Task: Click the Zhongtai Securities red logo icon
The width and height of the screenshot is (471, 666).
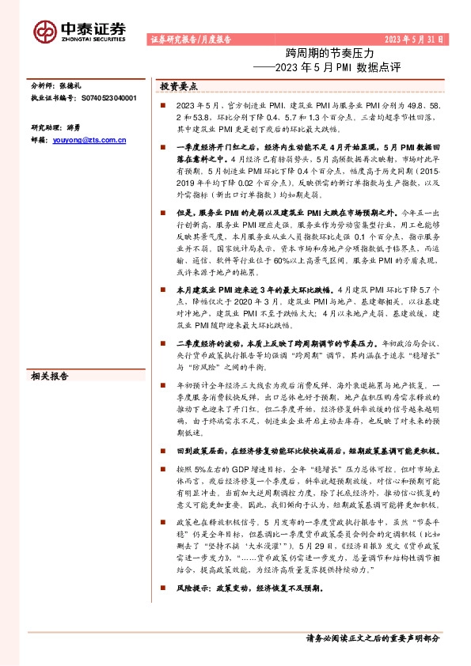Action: point(45,29)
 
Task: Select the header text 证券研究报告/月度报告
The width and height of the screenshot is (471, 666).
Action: point(190,39)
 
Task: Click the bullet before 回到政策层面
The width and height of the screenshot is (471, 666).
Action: point(162,449)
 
